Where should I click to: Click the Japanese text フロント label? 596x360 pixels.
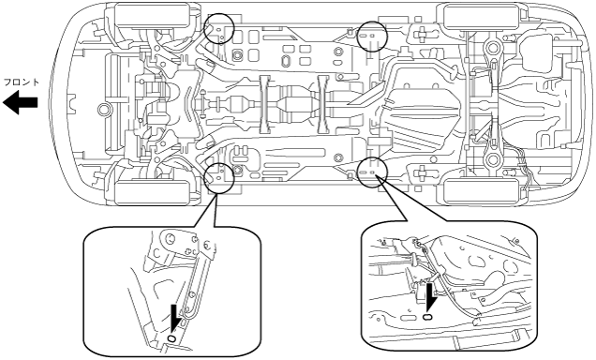21,82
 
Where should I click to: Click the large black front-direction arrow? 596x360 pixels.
20,102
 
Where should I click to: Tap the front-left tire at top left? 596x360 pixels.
153,15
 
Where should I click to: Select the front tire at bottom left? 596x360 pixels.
153,192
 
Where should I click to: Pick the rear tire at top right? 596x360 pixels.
481,16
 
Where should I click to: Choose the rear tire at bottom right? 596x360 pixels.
481,191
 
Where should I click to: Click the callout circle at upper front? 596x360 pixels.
218,28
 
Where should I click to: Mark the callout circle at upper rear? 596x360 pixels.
372,37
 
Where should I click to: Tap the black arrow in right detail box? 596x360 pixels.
430,296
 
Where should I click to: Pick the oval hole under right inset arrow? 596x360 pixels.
427,317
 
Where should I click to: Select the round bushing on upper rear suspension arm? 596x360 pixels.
492,48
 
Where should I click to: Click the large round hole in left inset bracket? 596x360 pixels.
170,239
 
